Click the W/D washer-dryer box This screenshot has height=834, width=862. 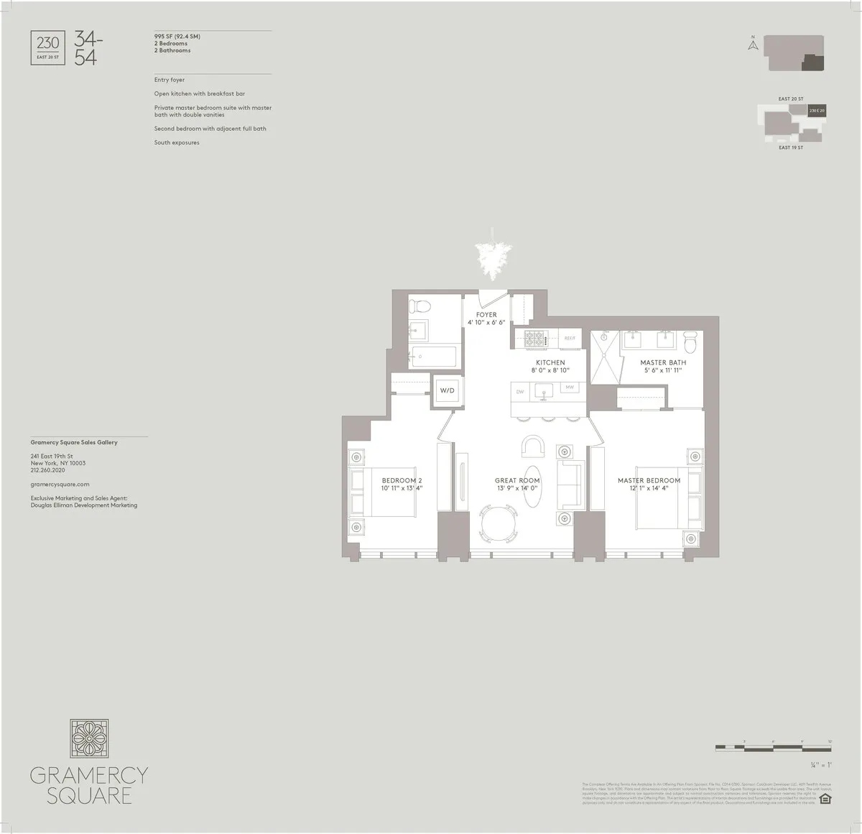447,390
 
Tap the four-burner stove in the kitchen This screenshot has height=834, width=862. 536,336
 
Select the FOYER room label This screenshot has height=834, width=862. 486,315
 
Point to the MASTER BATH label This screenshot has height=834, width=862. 662,362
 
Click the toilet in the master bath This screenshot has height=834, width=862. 690,343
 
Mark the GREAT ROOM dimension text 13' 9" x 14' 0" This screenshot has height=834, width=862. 516,489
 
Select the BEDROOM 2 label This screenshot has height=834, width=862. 402,480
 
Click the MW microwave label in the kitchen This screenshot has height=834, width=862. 570,388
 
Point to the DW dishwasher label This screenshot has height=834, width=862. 520,392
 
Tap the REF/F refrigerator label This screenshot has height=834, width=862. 570,337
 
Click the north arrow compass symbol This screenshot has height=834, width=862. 753,45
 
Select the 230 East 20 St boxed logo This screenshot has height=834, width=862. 48,47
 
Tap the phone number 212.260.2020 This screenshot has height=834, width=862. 48,470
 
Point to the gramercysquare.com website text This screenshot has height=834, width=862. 60,485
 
